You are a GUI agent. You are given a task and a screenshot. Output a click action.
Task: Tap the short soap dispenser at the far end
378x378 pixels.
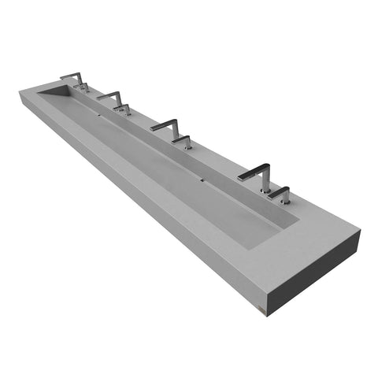[84, 87]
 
